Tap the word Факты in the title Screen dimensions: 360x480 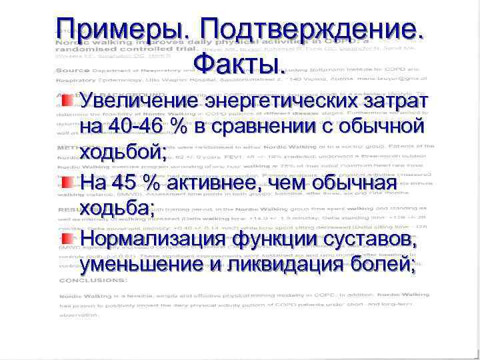pyautogui.click(x=239, y=64)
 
